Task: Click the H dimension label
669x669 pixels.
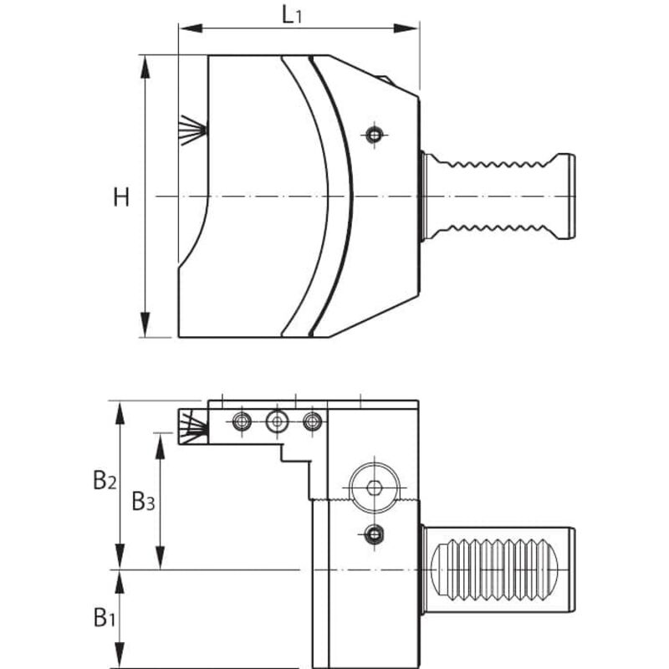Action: [x=122, y=197]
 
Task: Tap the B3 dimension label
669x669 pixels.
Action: [x=143, y=502]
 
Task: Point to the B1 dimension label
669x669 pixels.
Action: [x=104, y=618]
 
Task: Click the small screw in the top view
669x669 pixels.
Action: [x=375, y=133]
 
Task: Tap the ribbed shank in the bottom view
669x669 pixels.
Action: [x=498, y=570]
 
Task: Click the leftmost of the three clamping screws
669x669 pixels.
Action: [x=242, y=421]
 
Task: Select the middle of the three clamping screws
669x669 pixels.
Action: [x=276, y=421]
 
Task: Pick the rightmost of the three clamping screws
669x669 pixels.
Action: [x=312, y=421]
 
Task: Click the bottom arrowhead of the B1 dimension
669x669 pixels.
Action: [x=120, y=660]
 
